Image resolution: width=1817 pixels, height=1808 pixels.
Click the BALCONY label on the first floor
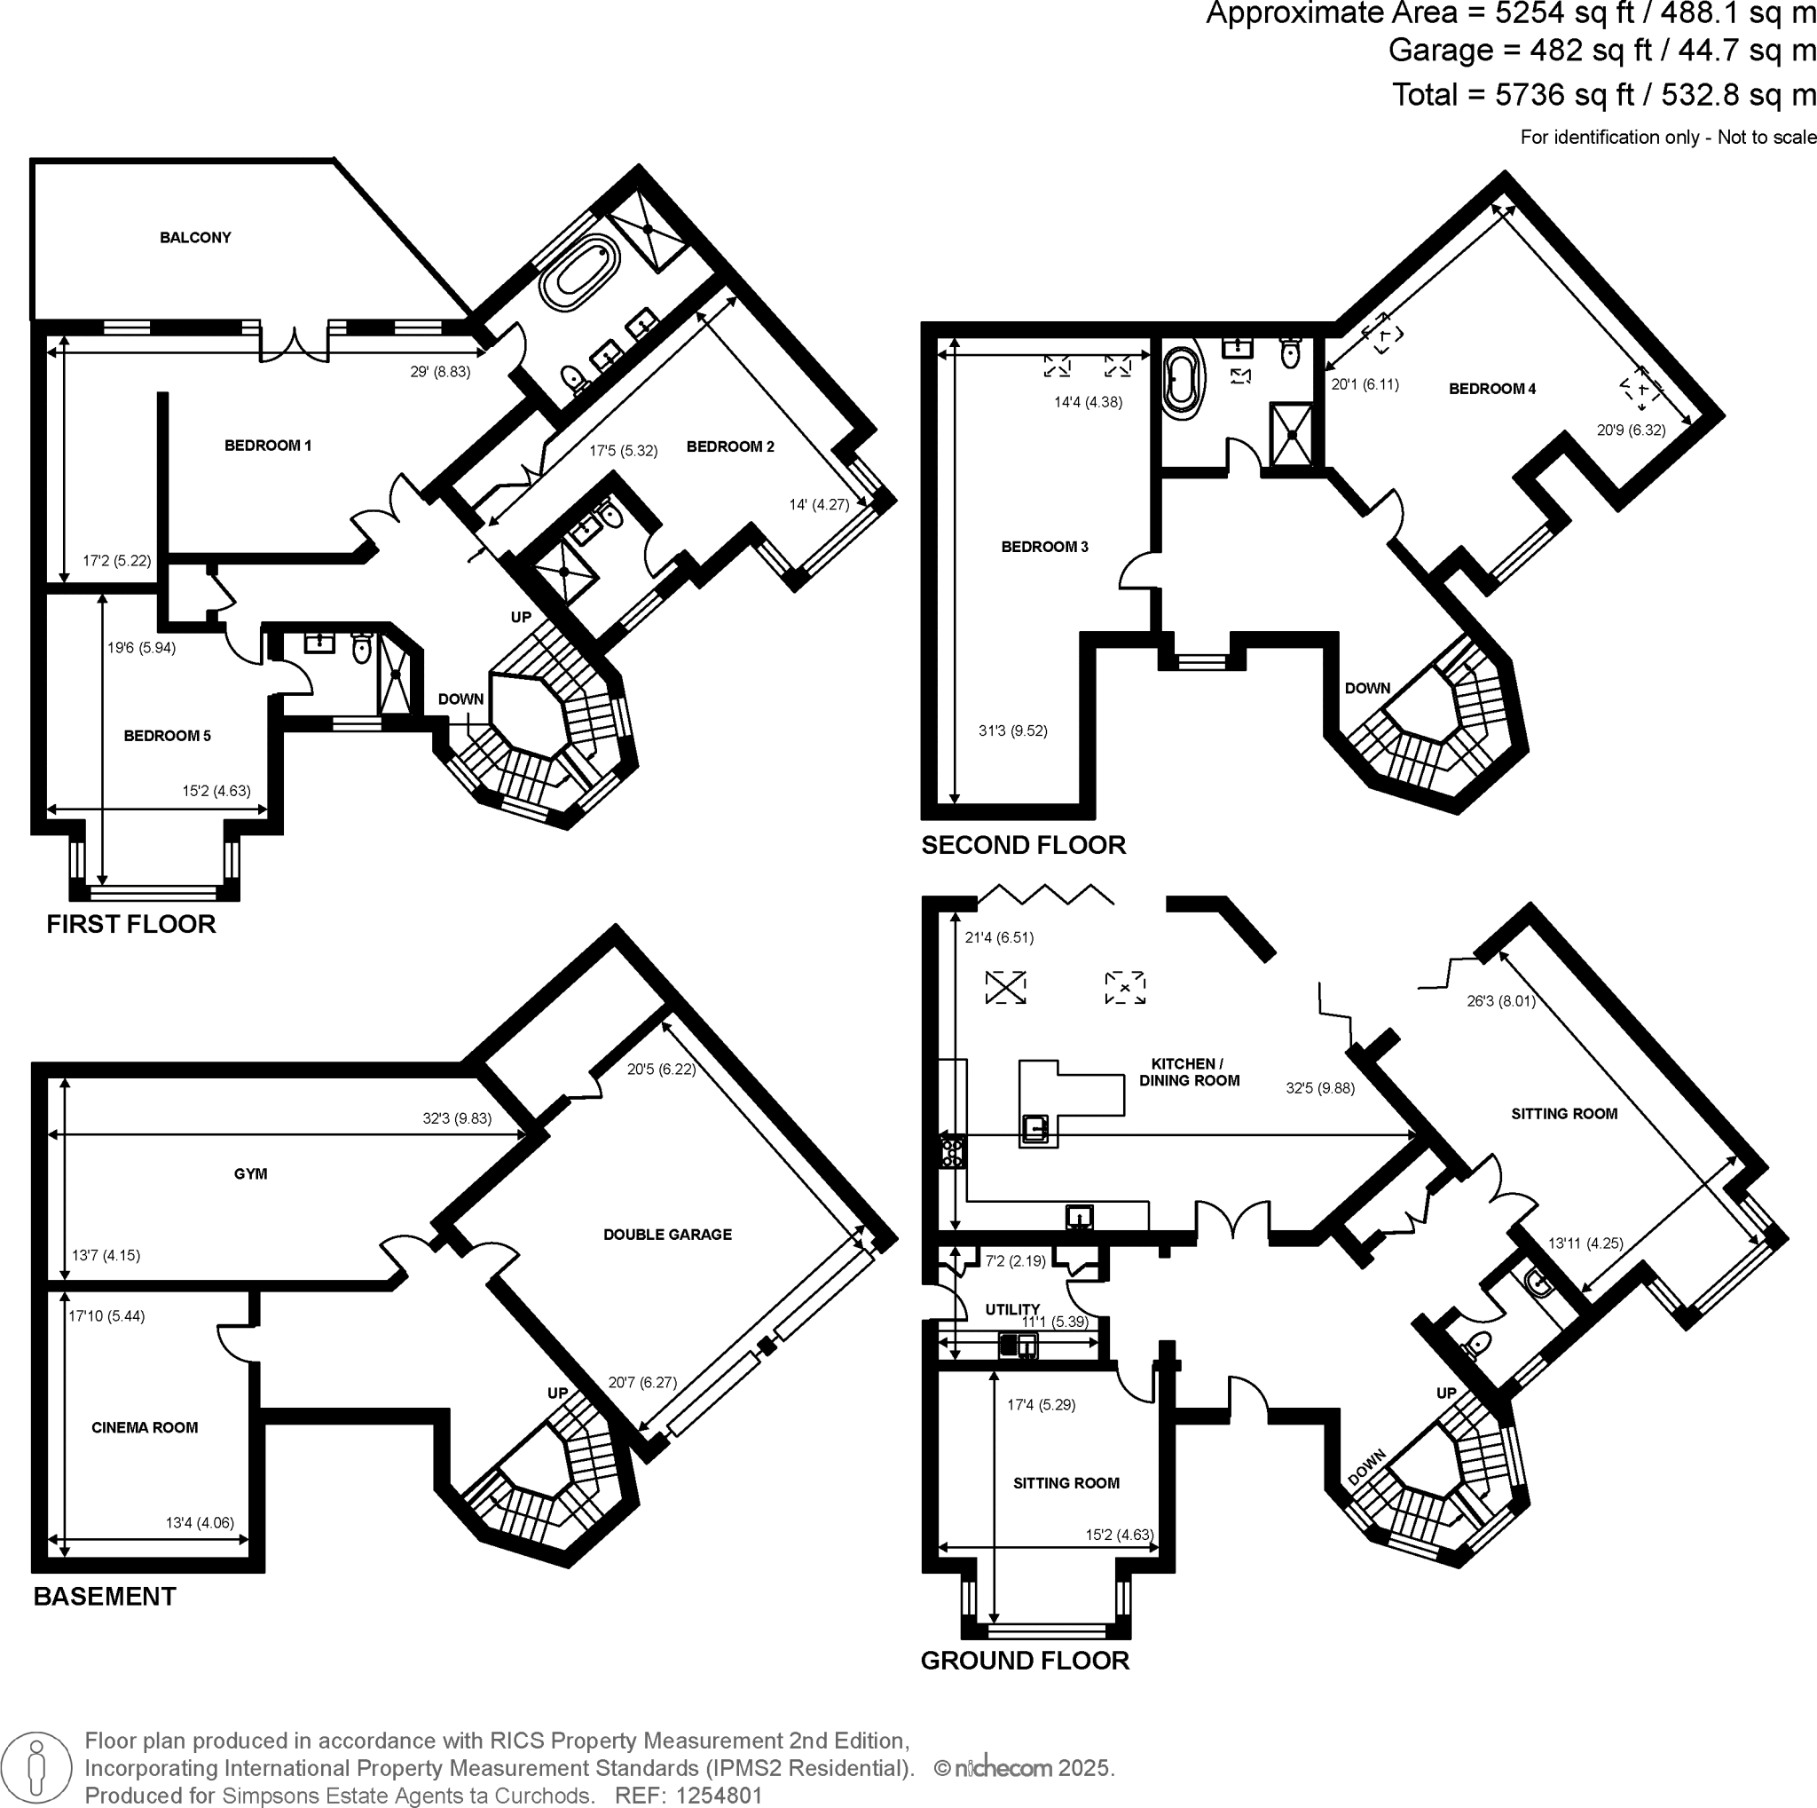(x=194, y=237)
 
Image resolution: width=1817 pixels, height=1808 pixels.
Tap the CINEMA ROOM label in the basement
(x=144, y=1427)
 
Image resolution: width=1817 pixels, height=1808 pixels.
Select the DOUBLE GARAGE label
(x=667, y=1235)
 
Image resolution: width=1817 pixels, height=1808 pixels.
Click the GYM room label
(x=250, y=1173)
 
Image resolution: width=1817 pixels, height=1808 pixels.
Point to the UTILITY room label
(x=1012, y=1308)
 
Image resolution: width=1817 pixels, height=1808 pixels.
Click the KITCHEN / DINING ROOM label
(x=1189, y=1071)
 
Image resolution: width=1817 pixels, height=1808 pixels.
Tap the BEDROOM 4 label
(x=1491, y=389)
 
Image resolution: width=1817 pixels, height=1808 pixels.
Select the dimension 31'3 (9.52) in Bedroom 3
(x=1012, y=730)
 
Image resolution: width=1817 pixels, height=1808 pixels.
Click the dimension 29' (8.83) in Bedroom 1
(x=439, y=372)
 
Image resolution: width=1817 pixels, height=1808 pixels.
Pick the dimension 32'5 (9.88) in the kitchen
(x=1319, y=1088)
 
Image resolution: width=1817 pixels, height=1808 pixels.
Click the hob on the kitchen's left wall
(x=953, y=1151)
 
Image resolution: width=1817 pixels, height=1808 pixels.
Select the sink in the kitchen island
(x=1035, y=1127)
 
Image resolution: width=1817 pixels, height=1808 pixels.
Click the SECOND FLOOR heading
(x=1023, y=845)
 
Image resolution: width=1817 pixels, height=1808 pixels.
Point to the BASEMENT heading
(x=105, y=1597)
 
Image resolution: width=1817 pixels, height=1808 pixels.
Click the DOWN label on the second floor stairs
(x=1366, y=688)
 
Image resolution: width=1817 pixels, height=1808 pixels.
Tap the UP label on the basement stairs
(x=558, y=1394)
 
